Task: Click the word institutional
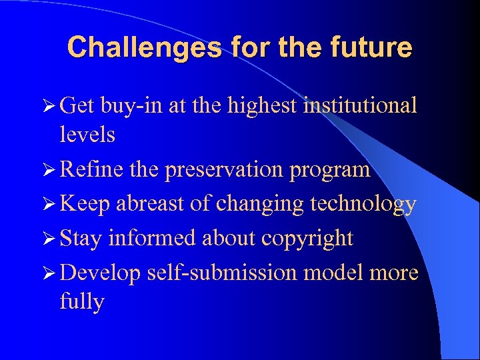click(x=360, y=105)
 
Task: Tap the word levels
click(x=87, y=135)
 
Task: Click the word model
click(x=345, y=273)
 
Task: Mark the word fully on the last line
click(x=82, y=303)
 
